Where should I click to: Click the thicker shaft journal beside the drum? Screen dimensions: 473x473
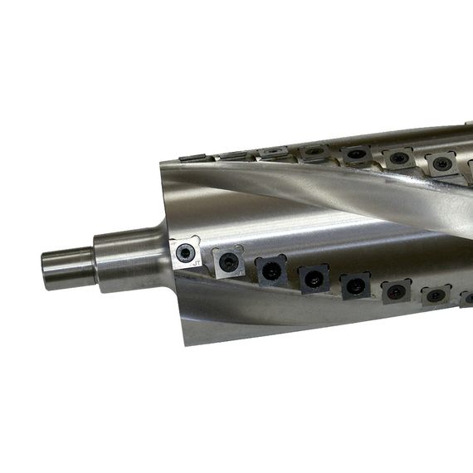coord(124,259)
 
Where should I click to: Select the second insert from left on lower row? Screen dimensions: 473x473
coord(228,262)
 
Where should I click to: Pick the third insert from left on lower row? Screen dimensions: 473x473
coord(271,271)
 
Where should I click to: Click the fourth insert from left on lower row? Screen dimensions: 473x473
coord(314,278)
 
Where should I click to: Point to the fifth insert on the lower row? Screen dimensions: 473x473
coord(355,285)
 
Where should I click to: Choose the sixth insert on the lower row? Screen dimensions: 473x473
coord(396,291)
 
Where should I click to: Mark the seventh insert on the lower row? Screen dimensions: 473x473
coord(435,295)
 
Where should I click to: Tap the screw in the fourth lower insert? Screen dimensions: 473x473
coord(314,279)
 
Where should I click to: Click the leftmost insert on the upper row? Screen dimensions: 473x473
coord(193,157)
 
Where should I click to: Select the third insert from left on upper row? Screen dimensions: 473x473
coord(273,153)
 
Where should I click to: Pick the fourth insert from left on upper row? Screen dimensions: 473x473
coord(314,152)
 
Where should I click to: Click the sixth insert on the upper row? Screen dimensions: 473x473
coord(399,158)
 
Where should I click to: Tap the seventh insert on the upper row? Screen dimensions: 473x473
coord(441,163)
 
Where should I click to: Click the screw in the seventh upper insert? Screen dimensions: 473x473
coord(441,163)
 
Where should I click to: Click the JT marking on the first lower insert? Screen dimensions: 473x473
coord(197,262)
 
